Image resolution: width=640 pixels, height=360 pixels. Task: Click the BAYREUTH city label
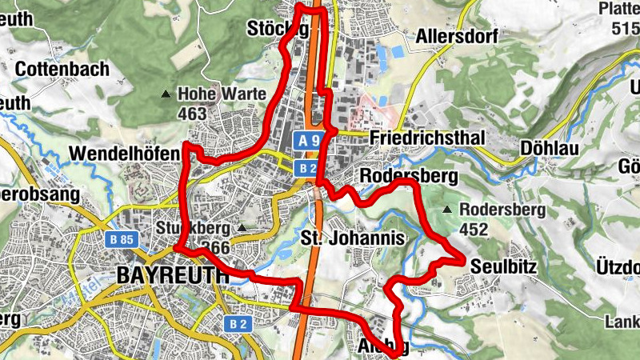tap(172, 274)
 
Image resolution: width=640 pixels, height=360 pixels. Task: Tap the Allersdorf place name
tap(457, 37)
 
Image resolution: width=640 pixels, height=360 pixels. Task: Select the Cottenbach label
tap(62, 70)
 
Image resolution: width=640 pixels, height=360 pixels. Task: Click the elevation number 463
tap(192, 114)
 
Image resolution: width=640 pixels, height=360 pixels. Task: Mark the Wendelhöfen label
tap(119, 152)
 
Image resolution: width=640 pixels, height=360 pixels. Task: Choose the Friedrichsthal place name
tap(428, 139)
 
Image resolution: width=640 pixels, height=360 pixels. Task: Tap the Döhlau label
tap(548, 148)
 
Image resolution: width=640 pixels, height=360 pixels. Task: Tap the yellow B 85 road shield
tap(122, 239)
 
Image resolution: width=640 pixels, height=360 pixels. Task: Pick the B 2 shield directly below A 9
tap(306, 167)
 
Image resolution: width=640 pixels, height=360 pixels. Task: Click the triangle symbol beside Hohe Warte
tap(166, 94)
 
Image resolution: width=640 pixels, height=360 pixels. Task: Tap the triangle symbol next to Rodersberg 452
tap(447, 210)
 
